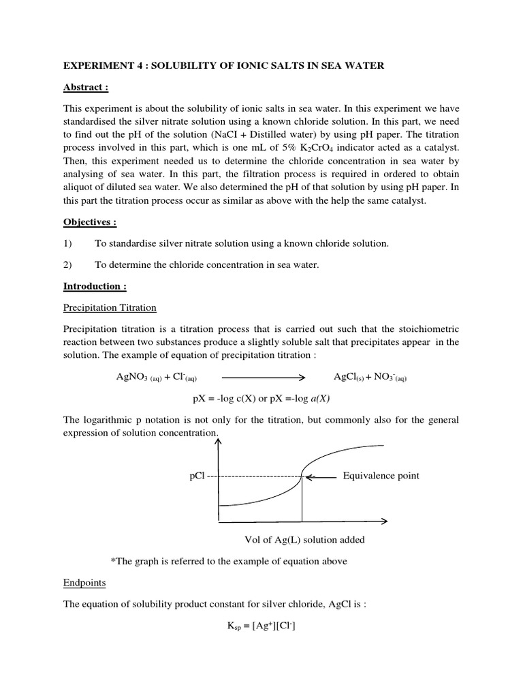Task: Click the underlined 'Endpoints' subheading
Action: tap(84, 583)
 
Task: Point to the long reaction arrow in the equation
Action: tap(262, 377)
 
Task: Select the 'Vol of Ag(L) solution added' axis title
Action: tap(304, 540)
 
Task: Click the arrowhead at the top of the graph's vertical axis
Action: tap(219, 442)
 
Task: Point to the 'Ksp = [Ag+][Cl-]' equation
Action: tap(261, 627)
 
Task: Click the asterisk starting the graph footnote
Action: tap(112, 561)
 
